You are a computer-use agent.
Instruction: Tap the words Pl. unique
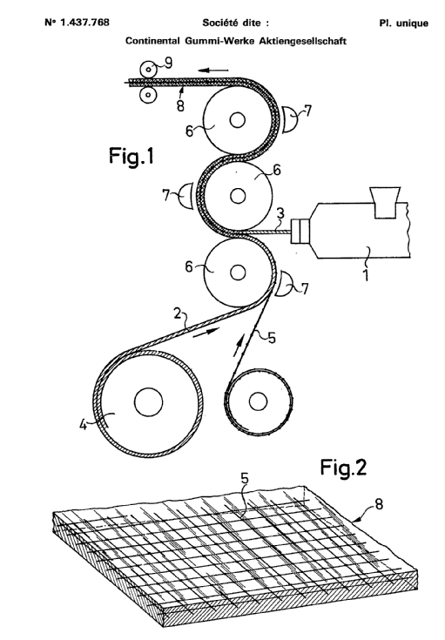403,24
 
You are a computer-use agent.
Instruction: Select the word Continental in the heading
152,41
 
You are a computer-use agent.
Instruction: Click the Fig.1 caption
131,156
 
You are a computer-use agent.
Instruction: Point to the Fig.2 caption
343,467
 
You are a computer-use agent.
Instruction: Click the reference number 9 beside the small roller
168,63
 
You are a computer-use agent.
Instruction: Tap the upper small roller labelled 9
148,70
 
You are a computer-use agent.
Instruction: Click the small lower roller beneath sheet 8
148,95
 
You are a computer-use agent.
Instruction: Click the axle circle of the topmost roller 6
237,120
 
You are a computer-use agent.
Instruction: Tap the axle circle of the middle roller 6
238,196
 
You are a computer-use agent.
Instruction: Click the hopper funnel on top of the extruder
384,202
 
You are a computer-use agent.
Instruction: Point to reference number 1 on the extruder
367,275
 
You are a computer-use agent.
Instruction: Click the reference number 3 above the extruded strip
280,213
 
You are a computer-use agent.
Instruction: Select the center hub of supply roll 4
148,401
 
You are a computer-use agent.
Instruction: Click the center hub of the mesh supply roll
258,402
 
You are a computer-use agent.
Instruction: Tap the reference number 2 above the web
177,313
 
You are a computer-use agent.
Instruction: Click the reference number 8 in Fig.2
379,504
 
